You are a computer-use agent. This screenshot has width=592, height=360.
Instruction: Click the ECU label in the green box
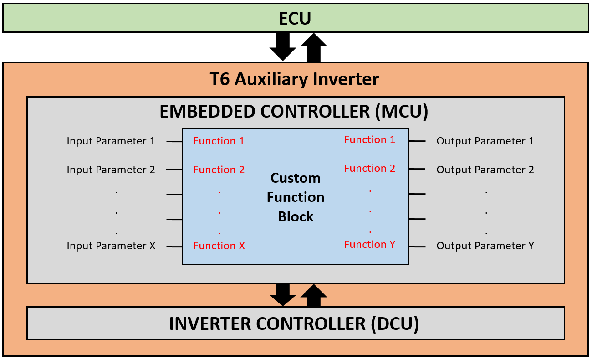[295, 18]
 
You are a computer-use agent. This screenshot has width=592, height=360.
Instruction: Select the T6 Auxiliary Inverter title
[294, 79]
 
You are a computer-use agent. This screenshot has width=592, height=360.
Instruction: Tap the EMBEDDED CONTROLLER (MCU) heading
[294, 112]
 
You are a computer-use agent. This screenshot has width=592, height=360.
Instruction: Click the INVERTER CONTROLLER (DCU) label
[294, 324]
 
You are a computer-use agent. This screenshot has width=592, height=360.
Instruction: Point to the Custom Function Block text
[296, 197]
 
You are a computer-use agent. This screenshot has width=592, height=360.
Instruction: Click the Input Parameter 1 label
[111, 141]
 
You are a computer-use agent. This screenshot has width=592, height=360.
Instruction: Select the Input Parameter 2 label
[111, 170]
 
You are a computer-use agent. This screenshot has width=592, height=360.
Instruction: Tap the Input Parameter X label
[111, 246]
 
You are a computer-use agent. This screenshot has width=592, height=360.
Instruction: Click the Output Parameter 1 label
[485, 141]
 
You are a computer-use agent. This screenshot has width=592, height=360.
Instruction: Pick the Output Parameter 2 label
[485, 170]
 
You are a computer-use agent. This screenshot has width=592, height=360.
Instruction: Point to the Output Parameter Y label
[485, 246]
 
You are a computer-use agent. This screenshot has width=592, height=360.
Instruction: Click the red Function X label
[219, 246]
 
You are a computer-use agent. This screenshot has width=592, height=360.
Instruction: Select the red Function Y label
[370, 244]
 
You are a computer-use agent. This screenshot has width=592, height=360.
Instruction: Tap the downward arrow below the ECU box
[282, 46]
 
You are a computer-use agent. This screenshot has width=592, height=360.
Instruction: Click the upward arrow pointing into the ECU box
[314, 47]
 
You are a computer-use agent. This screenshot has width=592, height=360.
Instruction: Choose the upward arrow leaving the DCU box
[314, 295]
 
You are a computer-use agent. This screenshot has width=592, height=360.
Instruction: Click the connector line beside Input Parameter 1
[174, 142]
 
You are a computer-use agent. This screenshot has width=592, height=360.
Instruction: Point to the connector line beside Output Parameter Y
[417, 247]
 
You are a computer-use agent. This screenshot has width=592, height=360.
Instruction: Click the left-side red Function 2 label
[219, 170]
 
